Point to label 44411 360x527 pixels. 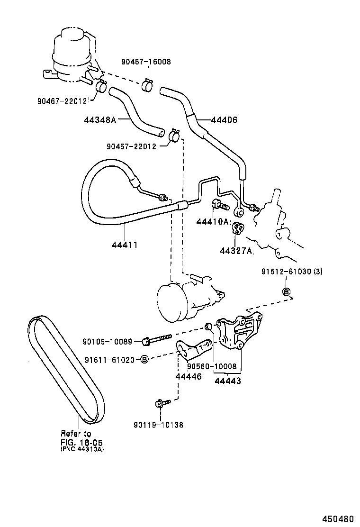(x=125, y=245)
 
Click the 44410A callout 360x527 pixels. (x=213, y=222)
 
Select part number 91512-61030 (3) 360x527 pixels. (x=292, y=272)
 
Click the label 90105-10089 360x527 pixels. (x=111, y=341)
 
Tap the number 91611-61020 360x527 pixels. (x=112, y=359)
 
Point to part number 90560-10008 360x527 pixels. (x=211, y=366)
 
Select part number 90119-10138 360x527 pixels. (x=158, y=425)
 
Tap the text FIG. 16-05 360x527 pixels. (x=81, y=442)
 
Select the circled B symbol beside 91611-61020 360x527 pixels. (x=145, y=359)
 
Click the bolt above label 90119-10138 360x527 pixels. (x=159, y=404)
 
